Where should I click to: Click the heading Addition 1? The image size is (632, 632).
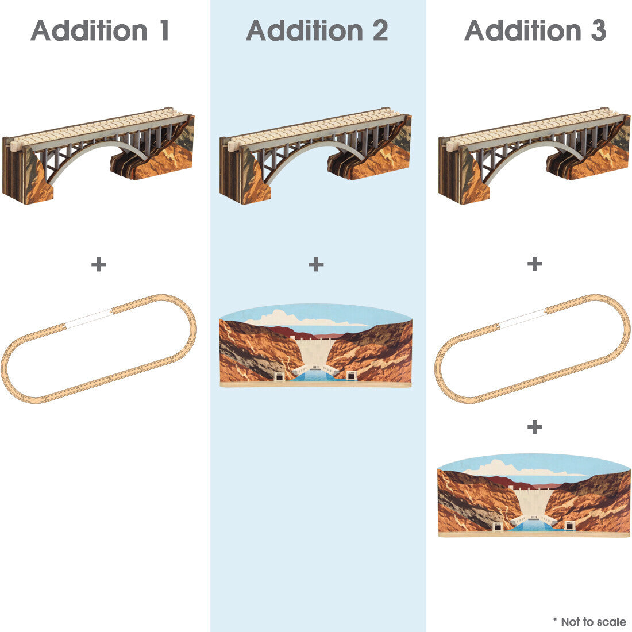point(99,30)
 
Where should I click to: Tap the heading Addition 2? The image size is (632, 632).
point(317,30)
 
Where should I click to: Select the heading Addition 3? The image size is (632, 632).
point(535,30)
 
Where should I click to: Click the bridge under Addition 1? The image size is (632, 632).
point(98,156)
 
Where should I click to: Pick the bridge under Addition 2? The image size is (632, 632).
point(315,156)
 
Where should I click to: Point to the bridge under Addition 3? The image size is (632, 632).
point(534,156)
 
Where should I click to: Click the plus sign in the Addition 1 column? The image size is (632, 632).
point(98,264)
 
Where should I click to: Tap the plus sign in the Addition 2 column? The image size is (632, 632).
point(316,264)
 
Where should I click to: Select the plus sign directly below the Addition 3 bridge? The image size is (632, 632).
point(534,264)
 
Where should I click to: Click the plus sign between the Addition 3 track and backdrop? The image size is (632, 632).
point(534,427)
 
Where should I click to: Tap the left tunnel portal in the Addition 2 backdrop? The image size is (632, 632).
point(279,376)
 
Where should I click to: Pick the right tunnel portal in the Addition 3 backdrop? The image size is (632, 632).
point(569,526)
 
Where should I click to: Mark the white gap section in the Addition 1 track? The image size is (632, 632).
point(88,318)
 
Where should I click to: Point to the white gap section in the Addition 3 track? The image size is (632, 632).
point(522,318)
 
